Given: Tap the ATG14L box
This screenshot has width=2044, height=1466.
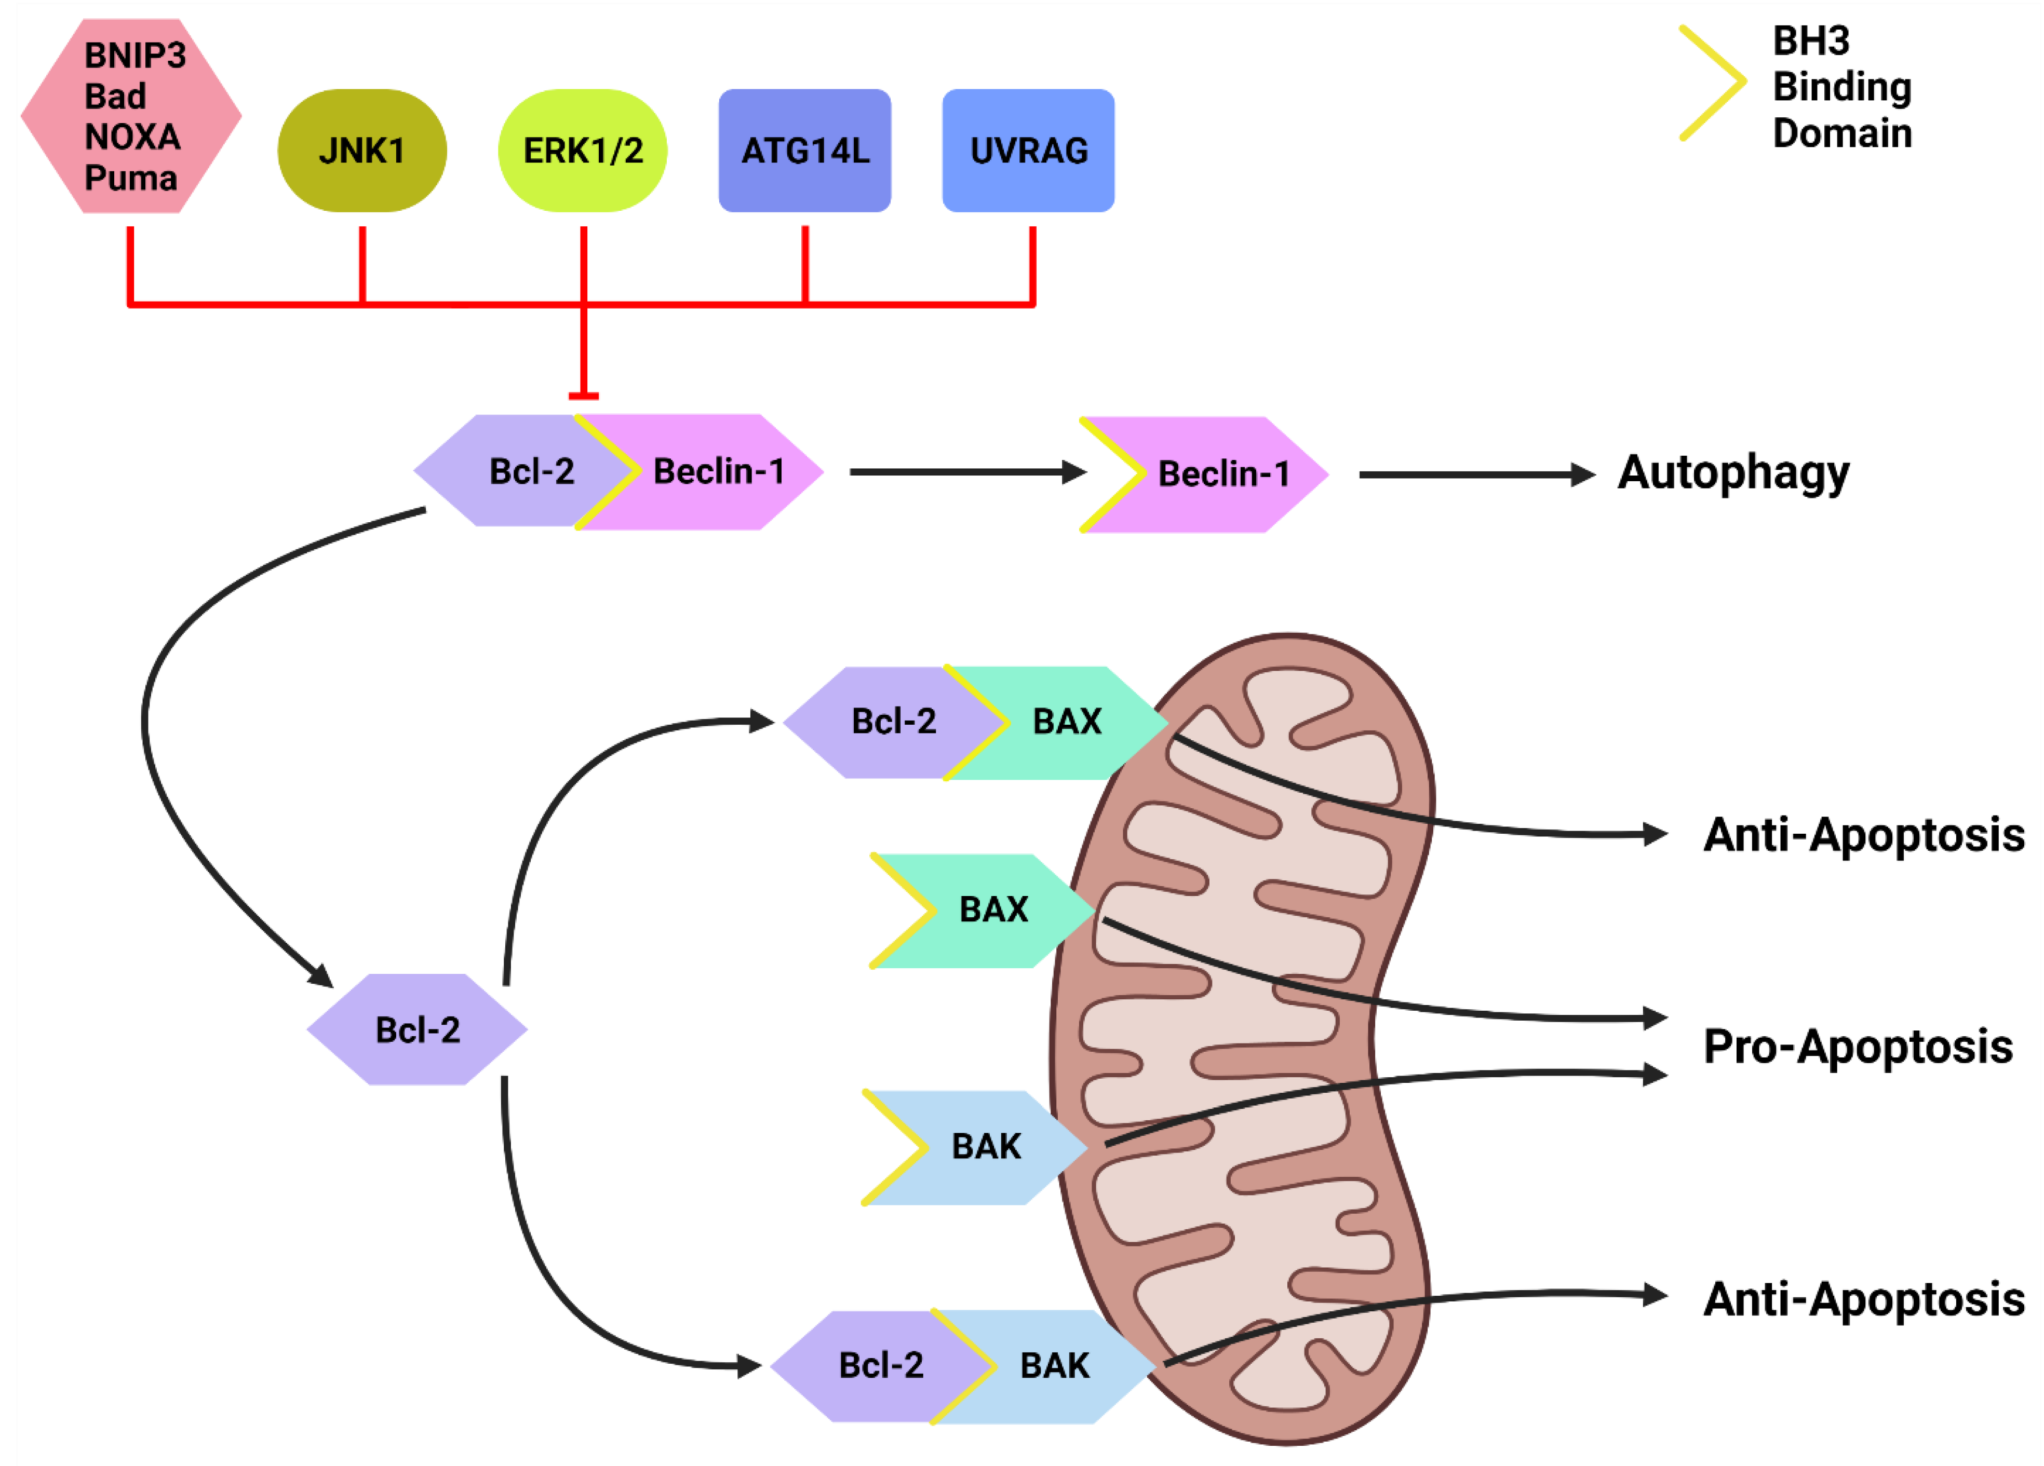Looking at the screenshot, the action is pos(805,151).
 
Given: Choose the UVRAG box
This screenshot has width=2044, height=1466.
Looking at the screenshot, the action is pos(1028,151).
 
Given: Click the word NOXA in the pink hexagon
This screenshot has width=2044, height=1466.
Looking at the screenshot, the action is pos(132,137).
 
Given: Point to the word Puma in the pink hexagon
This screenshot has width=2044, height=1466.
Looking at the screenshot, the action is pos(131,179).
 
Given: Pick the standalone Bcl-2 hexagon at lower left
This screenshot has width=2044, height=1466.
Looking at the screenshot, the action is pos(418,1029).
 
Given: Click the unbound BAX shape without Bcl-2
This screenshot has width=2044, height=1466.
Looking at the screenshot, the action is pos(983,910).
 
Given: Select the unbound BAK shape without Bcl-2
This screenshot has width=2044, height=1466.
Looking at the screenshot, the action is pos(975,1147).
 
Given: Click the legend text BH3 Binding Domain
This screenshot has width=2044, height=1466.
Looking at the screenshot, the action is pos(1841,87).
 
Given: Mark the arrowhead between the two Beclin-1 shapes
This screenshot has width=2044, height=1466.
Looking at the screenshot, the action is pos(1074,472).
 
